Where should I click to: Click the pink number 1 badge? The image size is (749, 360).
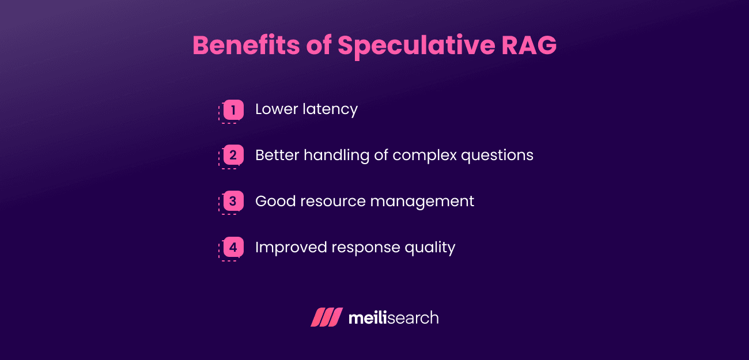(x=233, y=109)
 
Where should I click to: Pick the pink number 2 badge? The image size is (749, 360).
(x=233, y=156)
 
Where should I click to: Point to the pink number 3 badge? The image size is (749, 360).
(x=233, y=202)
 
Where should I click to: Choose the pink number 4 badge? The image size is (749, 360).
(x=233, y=248)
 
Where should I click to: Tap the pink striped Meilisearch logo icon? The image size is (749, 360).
(x=327, y=317)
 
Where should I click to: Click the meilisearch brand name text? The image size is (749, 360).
(x=394, y=317)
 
